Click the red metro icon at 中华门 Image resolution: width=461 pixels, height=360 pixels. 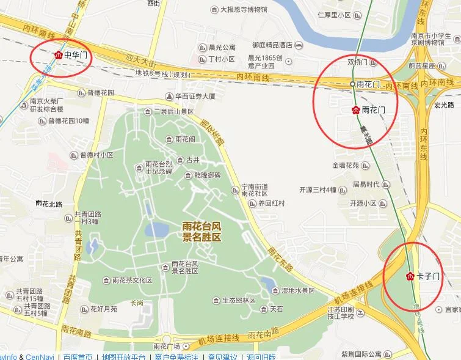[x=58, y=54]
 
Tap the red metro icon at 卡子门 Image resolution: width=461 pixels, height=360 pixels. [x=410, y=276]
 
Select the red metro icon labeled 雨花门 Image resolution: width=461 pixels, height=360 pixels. [x=356, y=110]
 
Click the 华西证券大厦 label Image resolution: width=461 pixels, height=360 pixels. [x=195, y=96]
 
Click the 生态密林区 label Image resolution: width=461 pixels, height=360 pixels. [x=238, y=300]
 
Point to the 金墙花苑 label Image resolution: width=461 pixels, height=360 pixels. [x=346, y=165]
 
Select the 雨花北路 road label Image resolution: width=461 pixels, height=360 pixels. [x=49, y=203]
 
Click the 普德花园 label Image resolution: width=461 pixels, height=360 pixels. [x=101, y=93]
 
